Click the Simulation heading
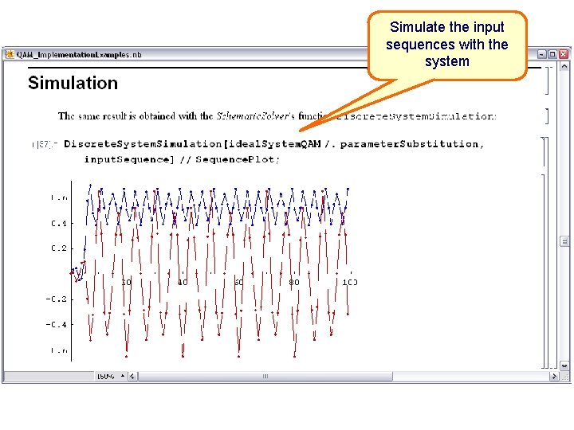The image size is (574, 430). pyautogui.click(x=73, y=83)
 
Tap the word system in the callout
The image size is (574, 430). pyautogui.click(x=446, y=61)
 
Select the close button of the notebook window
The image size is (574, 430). pyautogui.click(x=564, y=54)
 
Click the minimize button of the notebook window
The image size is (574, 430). pyautogui.click(x=542, y=54)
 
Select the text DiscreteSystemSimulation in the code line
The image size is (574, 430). pyautogui.click(x=143, y=144)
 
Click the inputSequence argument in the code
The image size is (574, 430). pyautogui.click(x=127, y=159)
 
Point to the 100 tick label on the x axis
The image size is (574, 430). pyautogui.click(x=349, y=282)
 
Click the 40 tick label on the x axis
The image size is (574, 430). pyautogui.click(x=183, y=282)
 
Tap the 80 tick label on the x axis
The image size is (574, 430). pyautogui.click(x=294, y=282)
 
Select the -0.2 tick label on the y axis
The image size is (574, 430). pyautogui.click(x=58, y=299)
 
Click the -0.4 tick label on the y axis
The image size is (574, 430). pyautogui.click(x=58, y=325)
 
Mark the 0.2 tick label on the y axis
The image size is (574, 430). pyautogui.click(x=60, y=248)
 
